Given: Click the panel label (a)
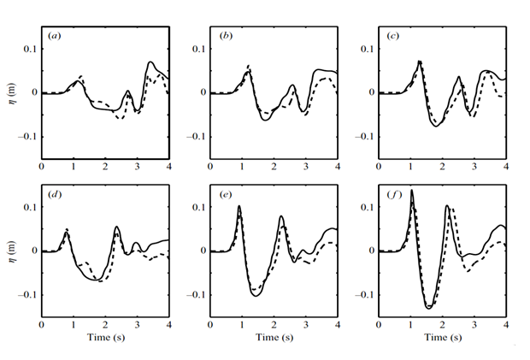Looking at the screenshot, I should click(55, 37).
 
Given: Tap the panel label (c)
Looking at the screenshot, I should click(392, 37).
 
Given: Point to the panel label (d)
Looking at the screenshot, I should click(55, 195).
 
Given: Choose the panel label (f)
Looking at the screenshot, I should click(392, 195).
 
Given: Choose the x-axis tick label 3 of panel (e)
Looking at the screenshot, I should click(305, 325).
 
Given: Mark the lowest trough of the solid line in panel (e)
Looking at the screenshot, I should click(256, 295).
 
